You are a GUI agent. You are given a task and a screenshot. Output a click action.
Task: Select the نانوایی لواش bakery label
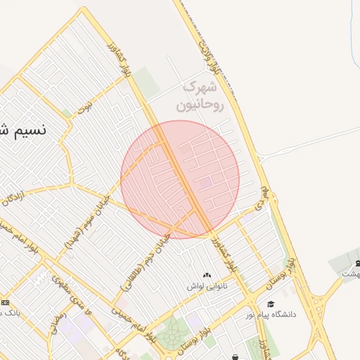click(207, 287)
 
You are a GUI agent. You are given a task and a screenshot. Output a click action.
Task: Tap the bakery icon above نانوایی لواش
click(207, 275)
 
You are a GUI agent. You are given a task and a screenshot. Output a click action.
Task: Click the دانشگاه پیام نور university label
click(271, 314)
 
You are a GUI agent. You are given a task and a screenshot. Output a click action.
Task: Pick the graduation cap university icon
click(271, 304)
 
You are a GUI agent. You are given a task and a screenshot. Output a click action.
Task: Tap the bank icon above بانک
click(6, 302)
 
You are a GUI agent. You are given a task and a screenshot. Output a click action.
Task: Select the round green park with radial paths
click(171, 334)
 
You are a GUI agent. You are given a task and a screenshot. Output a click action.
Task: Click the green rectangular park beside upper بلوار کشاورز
click(147, 82)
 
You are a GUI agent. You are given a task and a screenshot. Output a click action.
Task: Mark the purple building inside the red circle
click(205, 184)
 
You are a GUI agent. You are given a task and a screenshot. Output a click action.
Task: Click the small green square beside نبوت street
click(66, 112)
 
